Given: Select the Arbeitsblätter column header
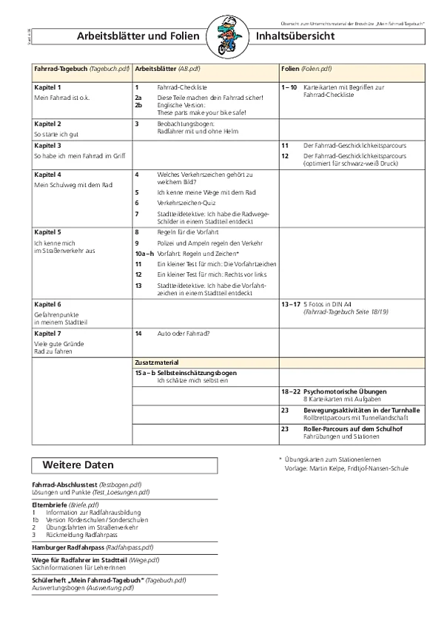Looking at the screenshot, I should point(156,68).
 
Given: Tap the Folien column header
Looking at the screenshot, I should point(291,68).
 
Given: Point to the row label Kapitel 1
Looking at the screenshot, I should point(47,87).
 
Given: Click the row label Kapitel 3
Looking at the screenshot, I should point(47,146).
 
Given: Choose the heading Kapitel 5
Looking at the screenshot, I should point(47,232).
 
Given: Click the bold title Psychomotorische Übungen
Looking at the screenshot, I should point(345,390).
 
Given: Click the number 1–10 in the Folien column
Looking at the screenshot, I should point(289,87).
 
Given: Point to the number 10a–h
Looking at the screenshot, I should point(144,253).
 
